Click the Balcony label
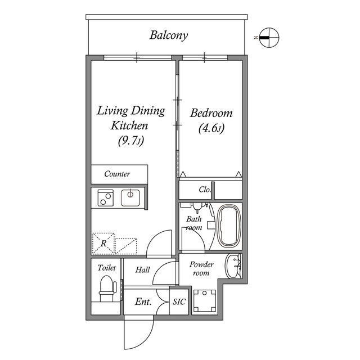pyautogui.click(x=168, y=35)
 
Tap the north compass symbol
pyautogui.click(x=268, y=37)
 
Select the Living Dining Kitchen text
pyautogui.click(x=130, y=118)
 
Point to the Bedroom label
pyautogui.click(x=211, y=113)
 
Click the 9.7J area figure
pyautogui.click(x=131, y=141)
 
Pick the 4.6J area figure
pyautogui.click(x=211, y=128)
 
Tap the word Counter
pyautogui.click(x=117, y=174)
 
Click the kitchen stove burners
pyautogui.click(x=104, y=197)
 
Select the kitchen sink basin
pyautogui.click(x=130, y=197)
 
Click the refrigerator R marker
pyautogui.click(x=103, y=243)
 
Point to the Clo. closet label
pyautogui.click(x=205, y=190)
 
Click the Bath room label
pyautogui.click(x=194, y=223)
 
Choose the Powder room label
pyautogui.click(x=201, y=268)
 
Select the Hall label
pyautogui.click(x=142, y=271)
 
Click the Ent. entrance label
pyautogui.click(x=143, y=302)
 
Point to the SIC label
pyautogui.click(x=179, y=302)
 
